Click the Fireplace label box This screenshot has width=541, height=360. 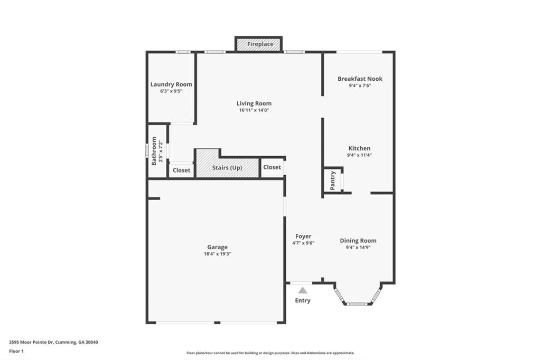point(259,44)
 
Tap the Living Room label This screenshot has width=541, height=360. point(254,103)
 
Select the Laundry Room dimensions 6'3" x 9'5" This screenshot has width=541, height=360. point(171,91)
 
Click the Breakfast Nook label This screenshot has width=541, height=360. point(360,79)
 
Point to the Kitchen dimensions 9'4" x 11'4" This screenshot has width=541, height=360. point(359,155)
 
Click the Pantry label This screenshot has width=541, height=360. point(333,181)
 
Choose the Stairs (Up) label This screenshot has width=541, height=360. point(227,168)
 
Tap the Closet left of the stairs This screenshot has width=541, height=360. point(182,170)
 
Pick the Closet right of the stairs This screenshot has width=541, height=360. point(272,167)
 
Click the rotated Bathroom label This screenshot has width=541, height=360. point(154,151)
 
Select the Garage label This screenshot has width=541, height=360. point(217,247)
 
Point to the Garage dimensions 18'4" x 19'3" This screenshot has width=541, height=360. point(217,254)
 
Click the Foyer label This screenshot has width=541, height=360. point(303,236)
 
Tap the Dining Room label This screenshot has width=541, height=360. point(358,241)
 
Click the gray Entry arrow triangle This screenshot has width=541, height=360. point(302,290)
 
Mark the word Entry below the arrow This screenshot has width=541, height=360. point(303,301)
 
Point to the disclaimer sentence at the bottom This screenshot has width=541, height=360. point(270,353)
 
